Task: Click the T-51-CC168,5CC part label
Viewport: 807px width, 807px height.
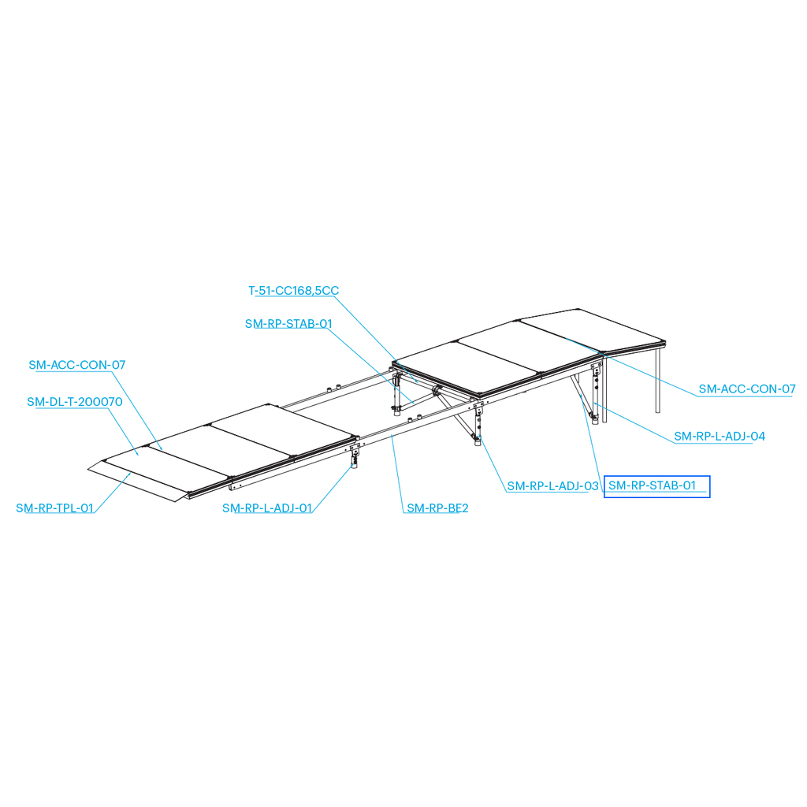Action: pos(293,290)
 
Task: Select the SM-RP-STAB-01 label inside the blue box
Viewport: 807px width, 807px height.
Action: pos(652,485)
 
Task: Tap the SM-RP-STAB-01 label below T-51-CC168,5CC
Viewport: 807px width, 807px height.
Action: pos(288,324)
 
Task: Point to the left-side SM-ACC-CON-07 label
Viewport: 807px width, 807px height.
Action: pos(77,365)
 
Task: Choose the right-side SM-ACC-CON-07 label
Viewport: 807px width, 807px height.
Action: pos(747,389)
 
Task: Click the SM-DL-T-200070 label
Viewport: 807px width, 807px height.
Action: pos(75,402)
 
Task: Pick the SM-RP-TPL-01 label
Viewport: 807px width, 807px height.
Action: pos(54,508)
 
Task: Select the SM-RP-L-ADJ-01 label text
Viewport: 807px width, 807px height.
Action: pos(267,508)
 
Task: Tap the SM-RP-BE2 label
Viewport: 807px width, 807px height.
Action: pos(437,508)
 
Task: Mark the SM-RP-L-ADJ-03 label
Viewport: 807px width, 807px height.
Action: pos(552,485)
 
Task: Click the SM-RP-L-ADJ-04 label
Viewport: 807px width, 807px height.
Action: pos(720,437)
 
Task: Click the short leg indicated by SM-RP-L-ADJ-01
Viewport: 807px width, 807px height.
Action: pos(355,456)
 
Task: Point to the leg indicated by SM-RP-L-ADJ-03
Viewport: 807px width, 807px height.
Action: pos(478,423)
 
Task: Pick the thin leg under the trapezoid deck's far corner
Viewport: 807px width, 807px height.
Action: pos(658,380)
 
